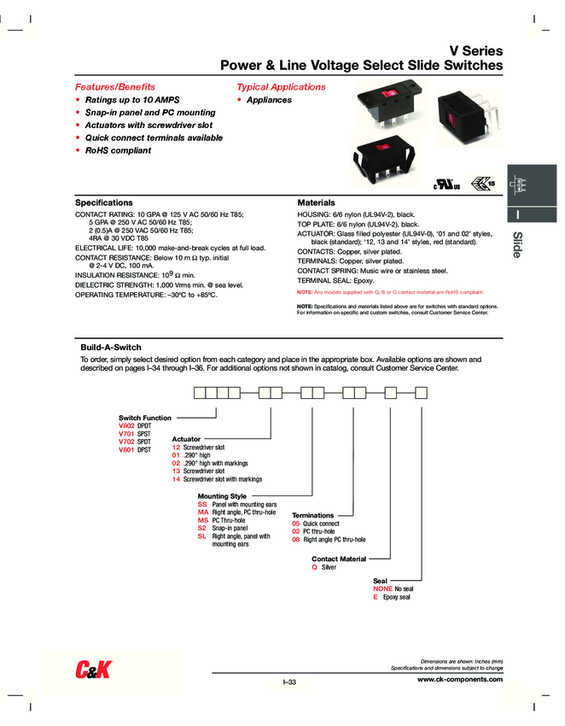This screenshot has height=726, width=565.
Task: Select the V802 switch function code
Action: pos(126,425)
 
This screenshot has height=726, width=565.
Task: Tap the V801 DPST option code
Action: pos(126,449)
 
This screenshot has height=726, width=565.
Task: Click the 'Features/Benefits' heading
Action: pos(115,87)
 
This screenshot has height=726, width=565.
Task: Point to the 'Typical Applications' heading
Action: pos(281,87)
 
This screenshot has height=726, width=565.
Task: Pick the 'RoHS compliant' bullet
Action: pos(117,150)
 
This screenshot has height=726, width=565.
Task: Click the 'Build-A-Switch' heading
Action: pos(110,348)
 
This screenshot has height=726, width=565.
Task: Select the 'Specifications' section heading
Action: pos(104,202)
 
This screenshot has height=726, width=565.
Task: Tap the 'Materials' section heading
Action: pos(315,202)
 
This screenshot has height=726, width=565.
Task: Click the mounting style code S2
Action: pos(202,529)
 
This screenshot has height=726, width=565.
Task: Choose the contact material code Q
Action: pos(314,567)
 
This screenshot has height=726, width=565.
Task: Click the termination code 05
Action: pos(296,524)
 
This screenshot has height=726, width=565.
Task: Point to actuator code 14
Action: pos(176,479)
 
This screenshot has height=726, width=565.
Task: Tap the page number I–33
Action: pos(288,681)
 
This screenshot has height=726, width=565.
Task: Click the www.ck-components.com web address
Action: pos(460,679)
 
